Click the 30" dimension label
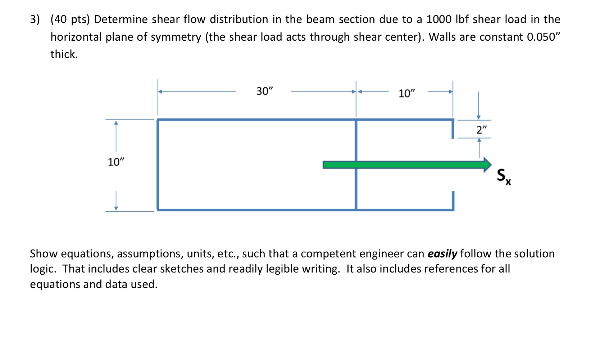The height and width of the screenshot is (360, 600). (x=265, y=91)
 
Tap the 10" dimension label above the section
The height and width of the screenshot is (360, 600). (x=406, y=94)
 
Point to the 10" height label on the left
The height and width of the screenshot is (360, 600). (x=115, y=162)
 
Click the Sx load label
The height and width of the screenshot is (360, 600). (x=504, y=176)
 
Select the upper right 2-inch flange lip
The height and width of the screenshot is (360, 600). (x=453, y=129)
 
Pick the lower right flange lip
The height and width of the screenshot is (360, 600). (x=453, y=200)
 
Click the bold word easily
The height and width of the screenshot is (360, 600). (x=442, y=254)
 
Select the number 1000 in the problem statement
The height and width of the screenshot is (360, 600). (x=438, y=19)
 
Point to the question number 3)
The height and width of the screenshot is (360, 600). (x=35, y=19)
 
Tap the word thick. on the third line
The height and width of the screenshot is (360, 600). (x=64, y=54)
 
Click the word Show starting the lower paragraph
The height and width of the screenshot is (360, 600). (x=44, y=254)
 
